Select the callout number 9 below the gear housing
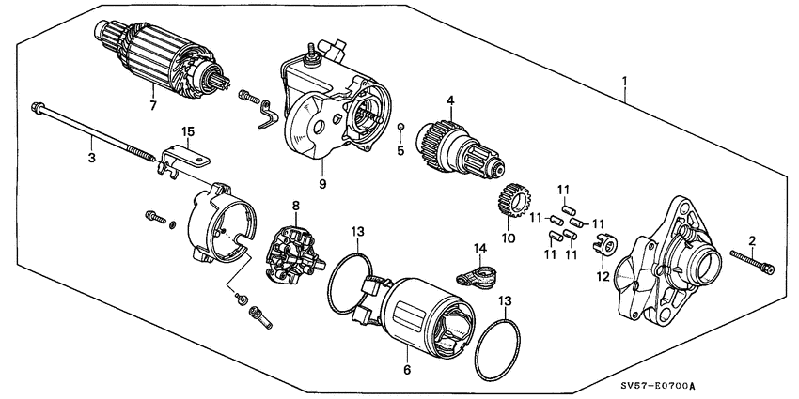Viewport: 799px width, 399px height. tap(321, 184)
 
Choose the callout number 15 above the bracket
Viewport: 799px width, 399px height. tap(188, 133)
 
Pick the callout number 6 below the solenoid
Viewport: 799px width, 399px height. tap(408, 371)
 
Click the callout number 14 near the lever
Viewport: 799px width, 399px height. tap(478, 248)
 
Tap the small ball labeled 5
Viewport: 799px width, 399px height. tap(400, 125)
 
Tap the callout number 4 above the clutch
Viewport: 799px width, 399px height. tap(450, 100)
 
